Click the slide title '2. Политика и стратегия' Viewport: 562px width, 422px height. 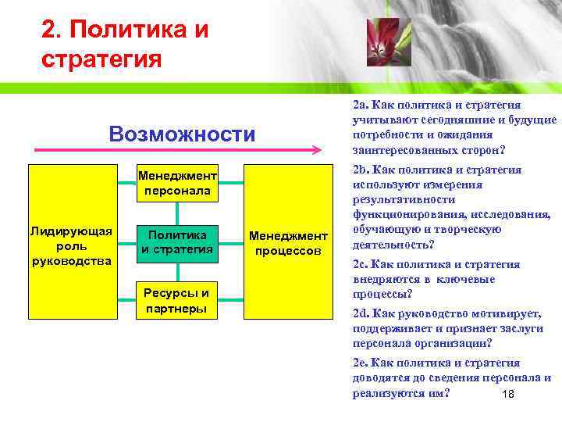[x=125, y=45]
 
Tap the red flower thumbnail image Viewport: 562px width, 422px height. [x=383, y=42]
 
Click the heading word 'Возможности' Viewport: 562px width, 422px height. [x=182, y=134]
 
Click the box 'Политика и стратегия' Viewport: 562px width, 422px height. [x=177, y=242]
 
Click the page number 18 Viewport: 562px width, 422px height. [x=507, y=394]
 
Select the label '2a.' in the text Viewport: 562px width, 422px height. [x=361, y=105]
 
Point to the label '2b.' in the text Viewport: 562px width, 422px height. [x=361, y=170]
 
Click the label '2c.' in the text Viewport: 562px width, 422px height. [x=361, y=264]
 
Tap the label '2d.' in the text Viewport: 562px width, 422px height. [x=361, y=313]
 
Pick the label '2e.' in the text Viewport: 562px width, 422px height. [x=361, y=363]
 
